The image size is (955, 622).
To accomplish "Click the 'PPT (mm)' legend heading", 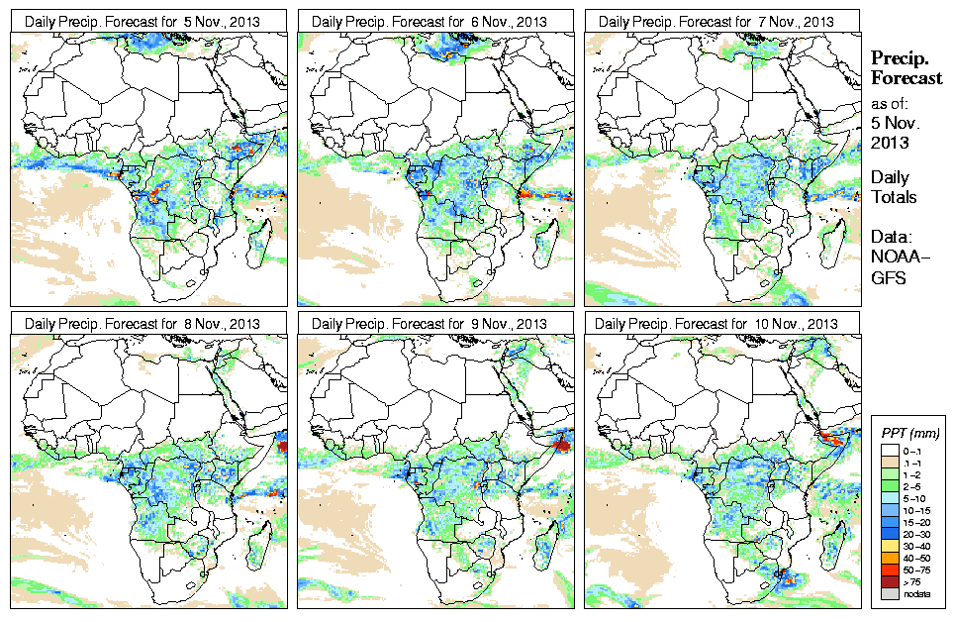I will pos(909,434).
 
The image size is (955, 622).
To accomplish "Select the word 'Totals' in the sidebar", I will pos(893,197).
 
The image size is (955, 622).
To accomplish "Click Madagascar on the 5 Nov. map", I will pos(260,238).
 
